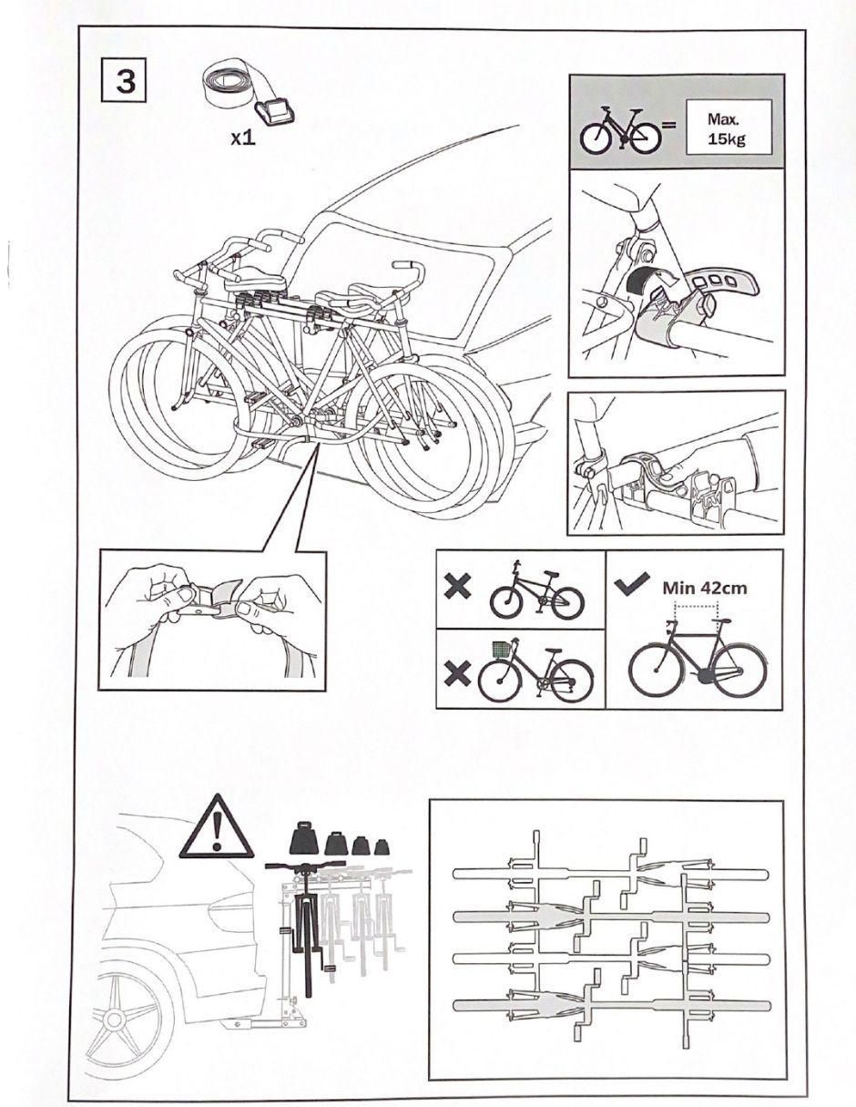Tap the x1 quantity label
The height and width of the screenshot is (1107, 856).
click(243, 138)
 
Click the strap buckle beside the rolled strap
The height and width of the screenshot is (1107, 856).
click(275, 112)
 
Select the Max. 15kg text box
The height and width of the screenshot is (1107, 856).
click(729, 128)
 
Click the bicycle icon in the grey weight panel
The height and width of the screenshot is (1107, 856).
click(620, 130)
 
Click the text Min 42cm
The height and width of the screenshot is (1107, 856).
click(705, 588)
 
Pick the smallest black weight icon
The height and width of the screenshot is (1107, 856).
click(382, 847)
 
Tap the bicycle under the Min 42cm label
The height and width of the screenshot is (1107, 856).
click(698, 657)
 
